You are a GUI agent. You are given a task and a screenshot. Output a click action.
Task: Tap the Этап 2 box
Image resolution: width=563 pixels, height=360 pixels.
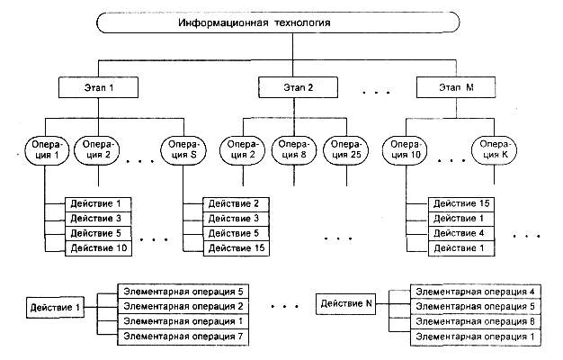pyautogui.click(x=298, y=87)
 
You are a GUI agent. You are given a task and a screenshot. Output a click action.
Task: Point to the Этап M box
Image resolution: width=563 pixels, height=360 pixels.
pyautogui.click(x=458, y=87)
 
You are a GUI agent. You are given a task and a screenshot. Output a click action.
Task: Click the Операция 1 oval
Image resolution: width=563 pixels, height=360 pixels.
pyautogui.click(x=44, y=148)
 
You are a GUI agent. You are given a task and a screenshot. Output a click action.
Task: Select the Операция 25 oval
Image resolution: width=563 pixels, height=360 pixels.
pyautogui.click(x=346, y=148)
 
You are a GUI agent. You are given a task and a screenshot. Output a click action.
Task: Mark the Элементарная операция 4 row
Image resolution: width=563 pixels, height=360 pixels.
pyautogui.click(x=475, y=291)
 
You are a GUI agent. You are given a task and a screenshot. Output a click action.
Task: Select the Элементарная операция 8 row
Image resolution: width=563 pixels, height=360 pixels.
pyautogui.click(x=475, y=321)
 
